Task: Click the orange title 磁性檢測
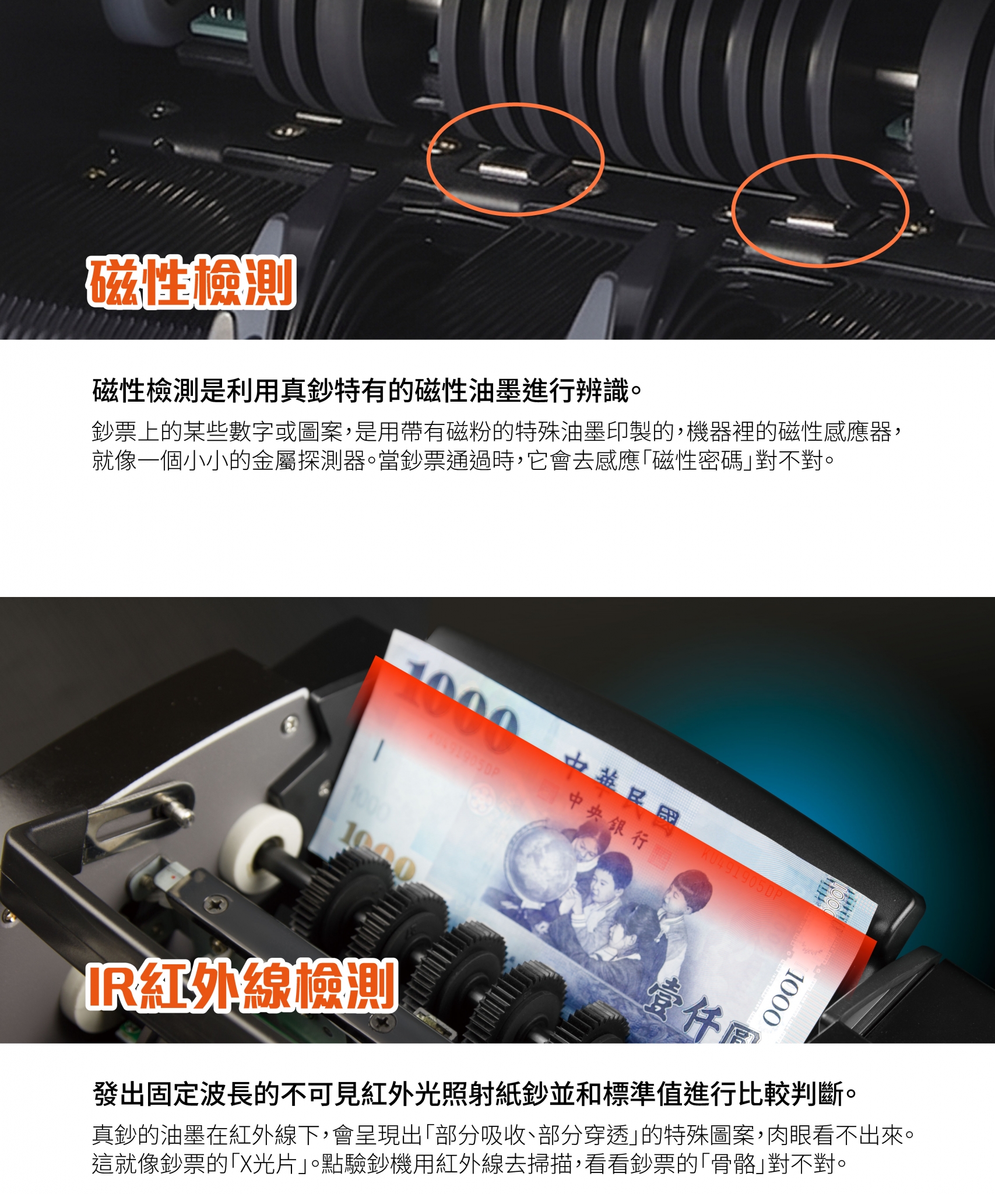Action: coord(191,282)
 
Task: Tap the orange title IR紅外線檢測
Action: coord(242,985)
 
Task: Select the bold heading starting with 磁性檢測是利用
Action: coord(367,391)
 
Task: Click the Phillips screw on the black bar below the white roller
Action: coord(216,903)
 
